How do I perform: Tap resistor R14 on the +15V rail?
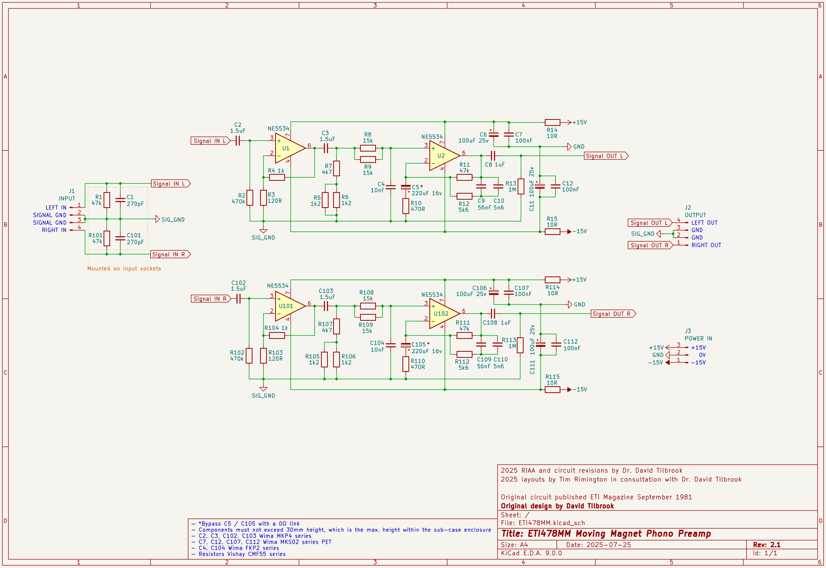[x=552, y=122]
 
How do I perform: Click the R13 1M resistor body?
[x=521, y=186]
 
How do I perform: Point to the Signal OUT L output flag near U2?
[x=606, y=156]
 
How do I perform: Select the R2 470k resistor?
[x=250, y=198]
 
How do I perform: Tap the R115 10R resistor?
[x=552, y=389]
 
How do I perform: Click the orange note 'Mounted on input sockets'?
[x=124, y=268]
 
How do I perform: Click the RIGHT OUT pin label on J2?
[x=706, y=245]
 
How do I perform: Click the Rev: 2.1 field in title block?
[x=767, y=545]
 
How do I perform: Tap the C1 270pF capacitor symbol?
[x=120, y=200]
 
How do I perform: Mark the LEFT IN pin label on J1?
[x=56, y=207]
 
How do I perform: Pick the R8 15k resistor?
[x=368, y=148]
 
